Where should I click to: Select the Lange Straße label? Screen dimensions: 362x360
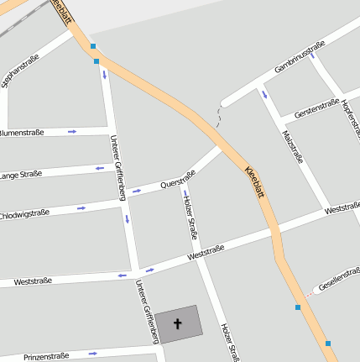click(20, 175)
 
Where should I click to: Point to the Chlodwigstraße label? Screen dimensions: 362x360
click(25, 214)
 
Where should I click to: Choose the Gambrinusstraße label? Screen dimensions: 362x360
click(300, 57)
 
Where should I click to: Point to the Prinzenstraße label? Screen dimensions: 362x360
click(46, 356)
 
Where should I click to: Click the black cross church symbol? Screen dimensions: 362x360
click(177, 323)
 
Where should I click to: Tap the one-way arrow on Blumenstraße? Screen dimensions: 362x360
click(73, 131)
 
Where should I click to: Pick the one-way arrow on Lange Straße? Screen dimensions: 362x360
click(100, 168)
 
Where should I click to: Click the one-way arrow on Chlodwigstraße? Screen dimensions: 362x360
click(81, 207)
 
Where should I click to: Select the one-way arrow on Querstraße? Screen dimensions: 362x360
click(137, 191)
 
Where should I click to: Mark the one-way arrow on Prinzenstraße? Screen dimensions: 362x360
click(93, 353)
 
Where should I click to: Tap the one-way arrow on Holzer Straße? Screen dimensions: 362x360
click(185, 196)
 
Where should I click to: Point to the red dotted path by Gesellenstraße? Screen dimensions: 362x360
click(309, 294)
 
